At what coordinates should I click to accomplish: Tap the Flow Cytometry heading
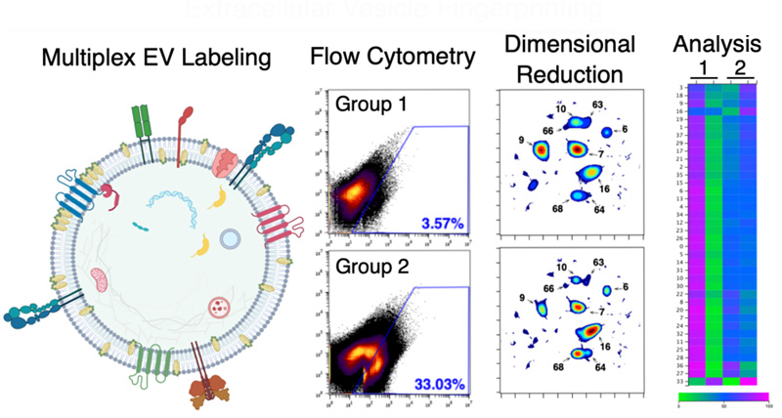pos(393,60)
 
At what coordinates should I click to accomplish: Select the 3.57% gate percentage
pos(441,225)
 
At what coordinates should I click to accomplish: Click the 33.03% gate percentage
pos(437,382)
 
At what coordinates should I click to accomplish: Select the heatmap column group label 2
pos(739,66)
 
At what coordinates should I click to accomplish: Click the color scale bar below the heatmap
pos(722,397)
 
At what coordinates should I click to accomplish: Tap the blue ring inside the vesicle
pos(231,237)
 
